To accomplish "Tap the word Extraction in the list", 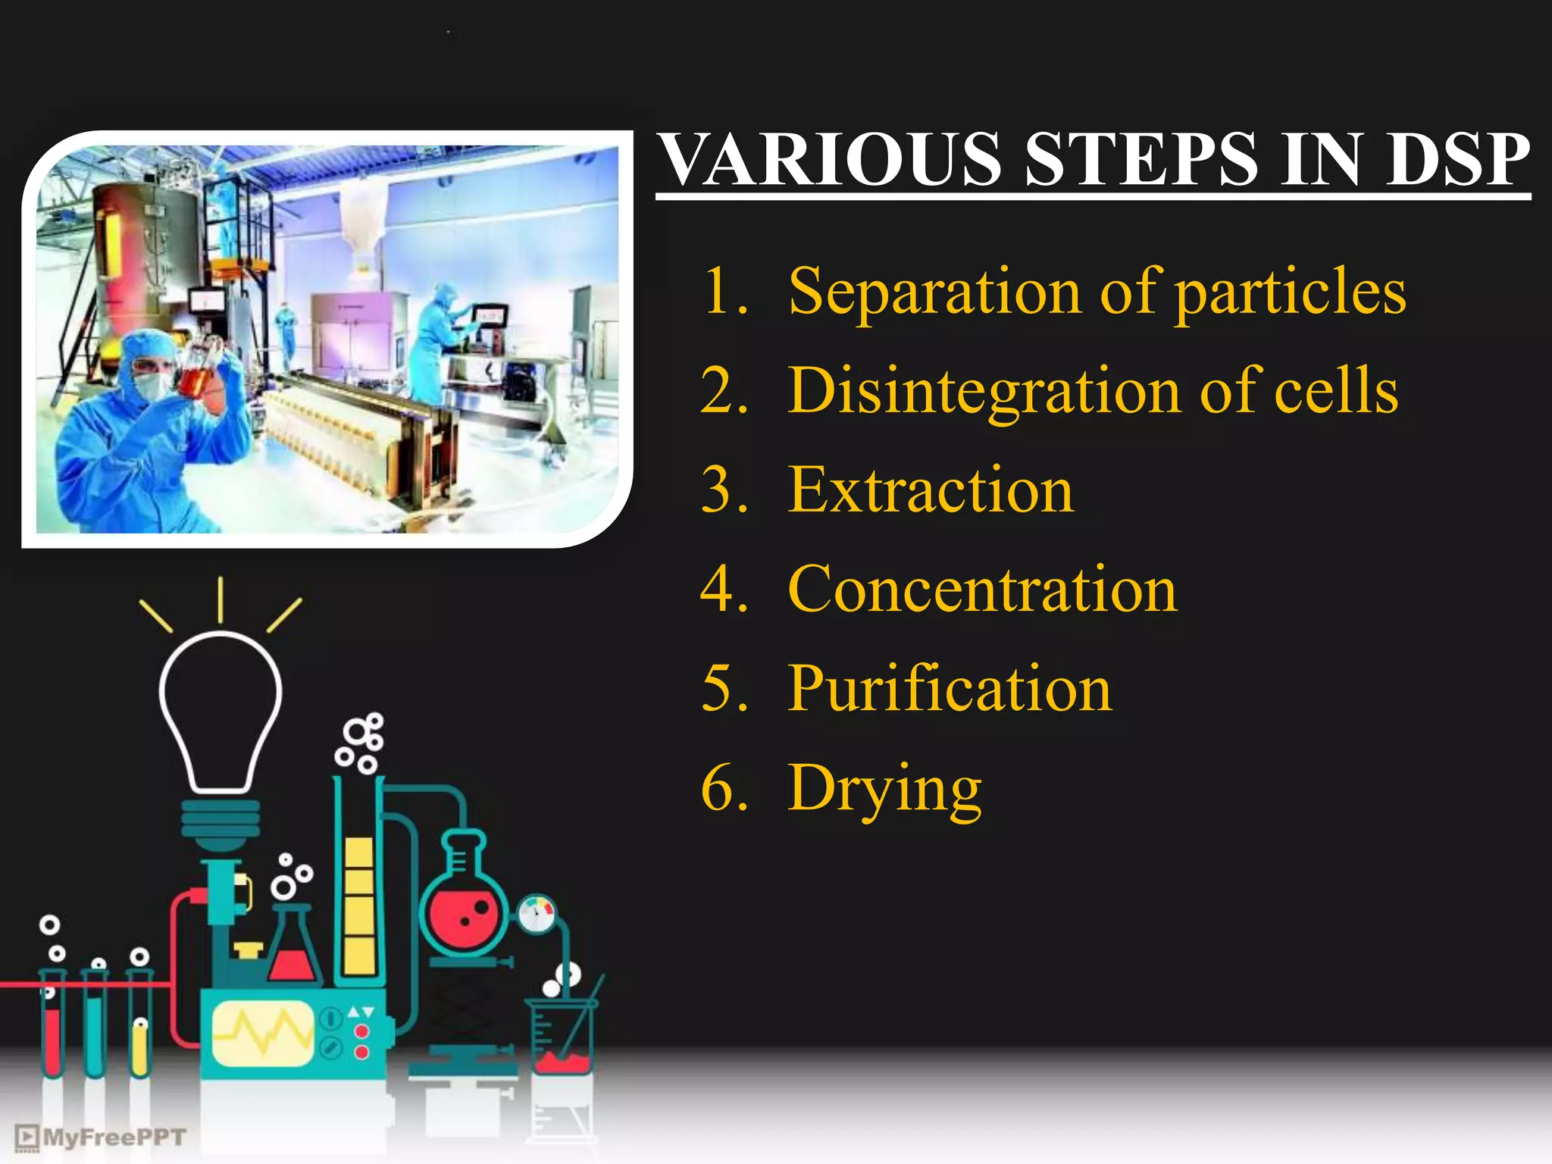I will [x=931, y=491].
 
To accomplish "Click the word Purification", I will [x=949, y=690].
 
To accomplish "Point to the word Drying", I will [x=884, y=790].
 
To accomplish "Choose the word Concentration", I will [x=982, y=590].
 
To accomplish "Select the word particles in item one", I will [x=1291, y=293].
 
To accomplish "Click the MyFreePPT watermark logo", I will [x=101, y=1137].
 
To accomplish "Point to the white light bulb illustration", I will [x=221, y=712].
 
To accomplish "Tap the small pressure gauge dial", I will [x=537, y=915].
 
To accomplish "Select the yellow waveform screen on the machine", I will [x=262, y=1033].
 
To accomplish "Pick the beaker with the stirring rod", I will [x=562, y=1038].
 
